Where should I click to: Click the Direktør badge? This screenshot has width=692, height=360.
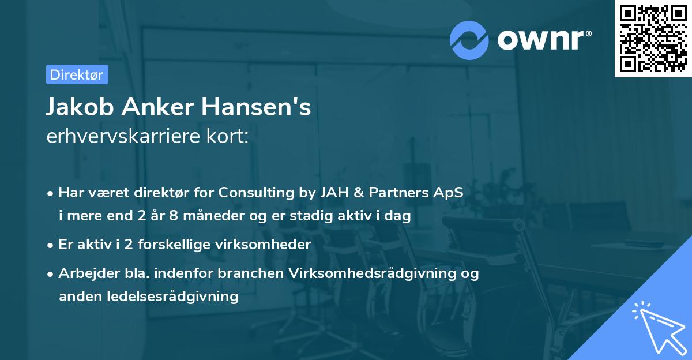(77, 74)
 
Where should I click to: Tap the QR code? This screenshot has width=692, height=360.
(652, 39)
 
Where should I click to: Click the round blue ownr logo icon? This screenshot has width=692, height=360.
(469, 40)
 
